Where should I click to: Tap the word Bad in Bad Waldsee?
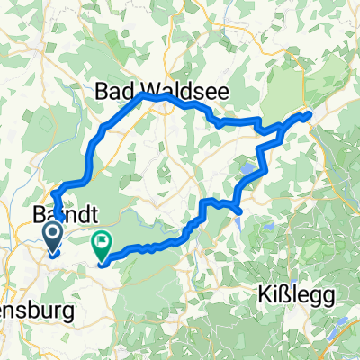pyautogui.click(x=112, y=93)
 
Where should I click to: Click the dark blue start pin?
pyautogui.click(x=51, y=238)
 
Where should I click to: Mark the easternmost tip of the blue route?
pyautogui.click(x=310, y=113)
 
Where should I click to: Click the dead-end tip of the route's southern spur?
pyautogui.click(x=238, y=211)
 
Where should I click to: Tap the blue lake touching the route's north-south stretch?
pyautogui.click(x=248, y=167)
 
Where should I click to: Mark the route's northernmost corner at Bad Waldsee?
pyautogui.click(x=141, y=94)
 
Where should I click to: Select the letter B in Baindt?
pyautogui.click(x=39, y=216)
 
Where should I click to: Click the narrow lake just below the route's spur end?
pyautogui.click(x=240, y=220)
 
